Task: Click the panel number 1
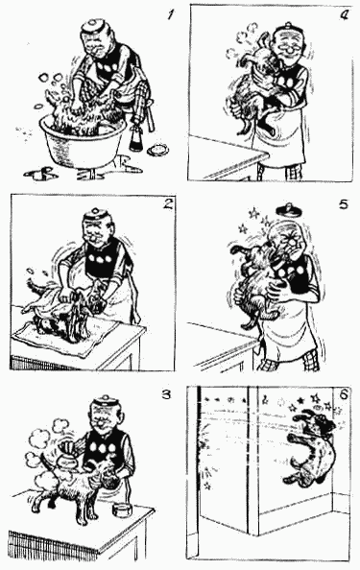pos(171,15)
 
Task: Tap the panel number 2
pos(167,204)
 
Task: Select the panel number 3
pos(166,394)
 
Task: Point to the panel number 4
pos(344,15)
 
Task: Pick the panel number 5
pos(344,204)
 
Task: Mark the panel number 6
pos(345,394)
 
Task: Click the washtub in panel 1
pos(83,142)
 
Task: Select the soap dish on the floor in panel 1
pos(158,149)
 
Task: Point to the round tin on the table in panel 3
pos(122,510)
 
